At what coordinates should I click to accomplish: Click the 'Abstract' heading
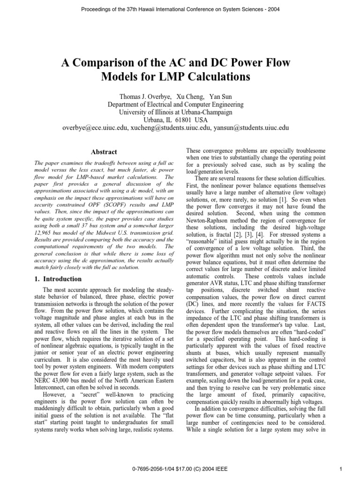click(104, 152)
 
